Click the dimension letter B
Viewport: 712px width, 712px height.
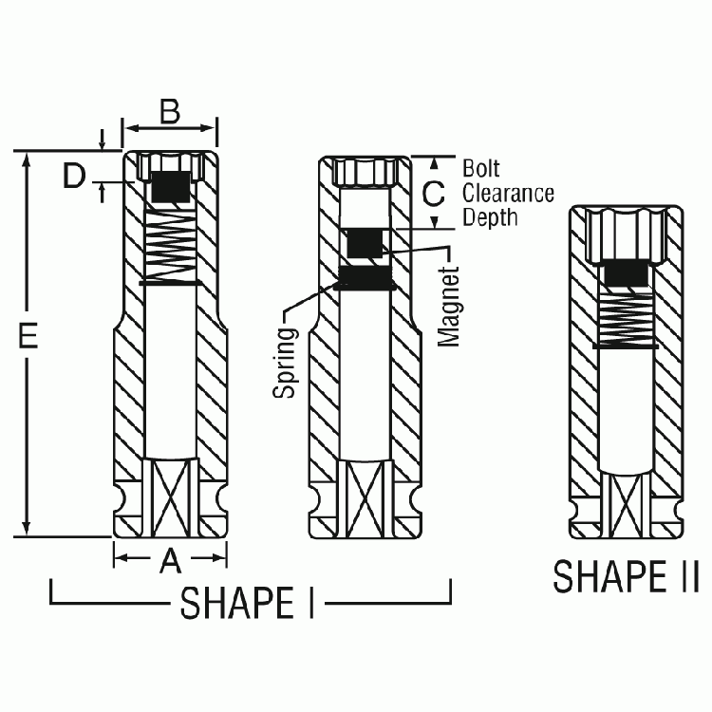pyautogui.click(x=170, y=112)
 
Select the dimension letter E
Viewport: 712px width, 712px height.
pyautogui.click(x=28, y=337)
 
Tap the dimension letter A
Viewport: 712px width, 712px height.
pyautogui.click(x=169, y=562)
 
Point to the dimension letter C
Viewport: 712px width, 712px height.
pyautogui.click(x=433, y=194)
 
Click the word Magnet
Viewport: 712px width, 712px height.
pyautogui.click(x=449, y=306)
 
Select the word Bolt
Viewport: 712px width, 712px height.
pyautogui.click(x=480, y=168)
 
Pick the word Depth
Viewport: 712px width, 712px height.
pyautogui.click(x=490, y=217)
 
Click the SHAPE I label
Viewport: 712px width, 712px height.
pyautogui.click(x=248, y=602)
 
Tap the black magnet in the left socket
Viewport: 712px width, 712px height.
pyautogui.click(x=170, y=187)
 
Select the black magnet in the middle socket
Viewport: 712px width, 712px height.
pyautogui.click(x=366, y=244)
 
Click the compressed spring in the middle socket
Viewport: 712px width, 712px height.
pyautogui.click(x=365, y=277)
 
